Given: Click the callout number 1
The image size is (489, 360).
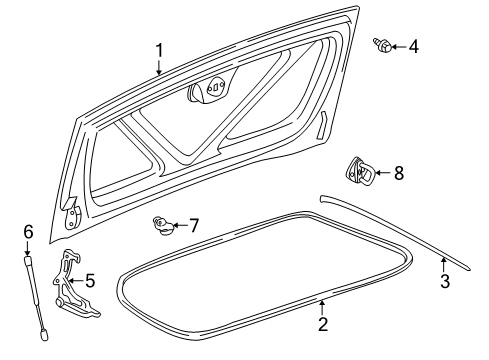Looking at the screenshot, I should (x=158, y=50).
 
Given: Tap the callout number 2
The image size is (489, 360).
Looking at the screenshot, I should (x=323, y=323).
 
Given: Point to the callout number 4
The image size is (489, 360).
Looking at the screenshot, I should (x=414, y=45).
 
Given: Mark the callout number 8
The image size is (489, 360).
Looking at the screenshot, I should (x=398, y=173).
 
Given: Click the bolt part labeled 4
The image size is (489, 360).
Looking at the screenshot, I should (x=383, y=45).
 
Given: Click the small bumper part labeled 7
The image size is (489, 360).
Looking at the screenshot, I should (x=160, y=225).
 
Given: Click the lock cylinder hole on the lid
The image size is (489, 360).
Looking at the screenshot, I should (x=212, y=88).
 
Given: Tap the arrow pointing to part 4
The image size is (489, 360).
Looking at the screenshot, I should (x=399, y=45).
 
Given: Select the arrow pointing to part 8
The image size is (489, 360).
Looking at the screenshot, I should (x=383, y=174).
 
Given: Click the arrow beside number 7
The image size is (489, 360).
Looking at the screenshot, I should (x=178, y=225).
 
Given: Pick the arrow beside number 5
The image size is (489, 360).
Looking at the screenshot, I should (x=75, y=281).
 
